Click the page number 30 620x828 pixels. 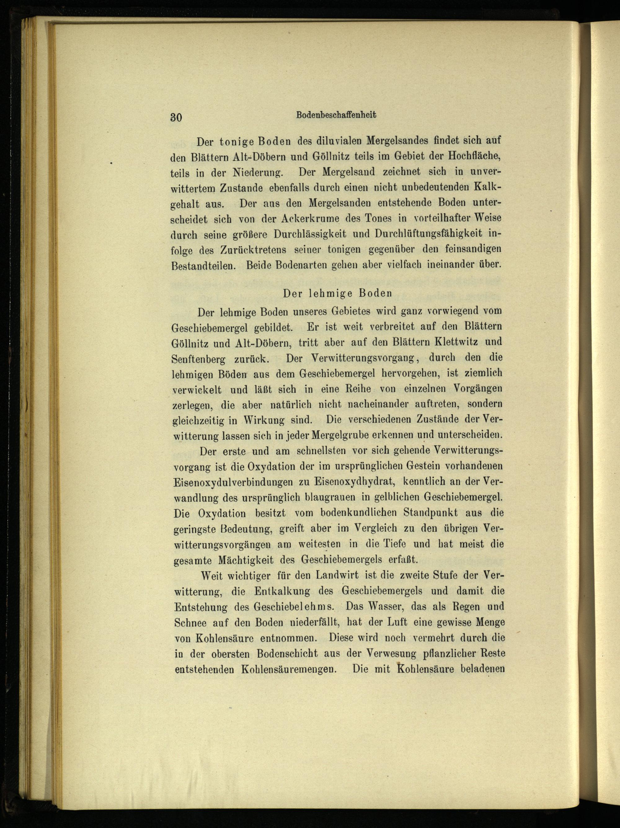[176, 117]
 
